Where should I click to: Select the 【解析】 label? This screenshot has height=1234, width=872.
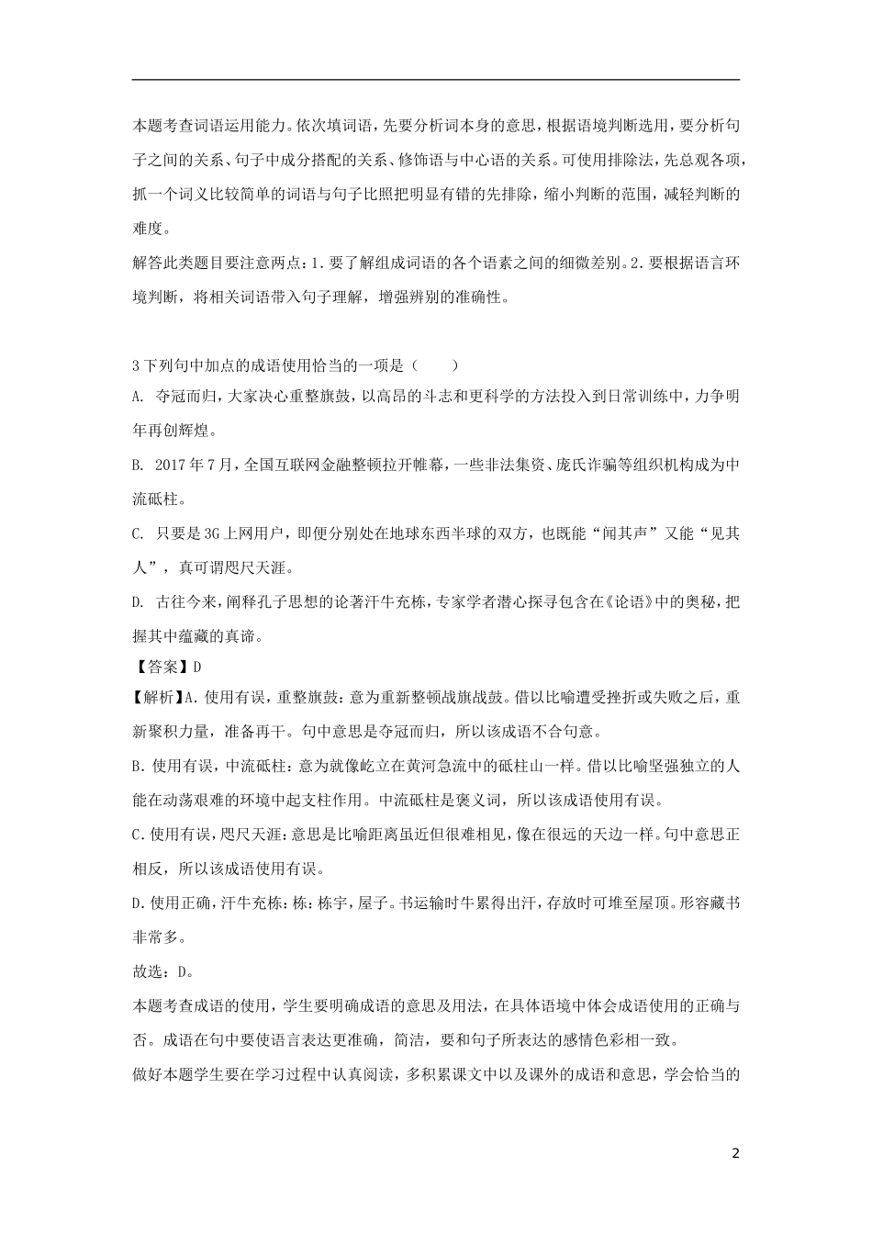point(157,698)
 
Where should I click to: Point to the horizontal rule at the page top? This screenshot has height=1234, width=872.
point(436,80)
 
